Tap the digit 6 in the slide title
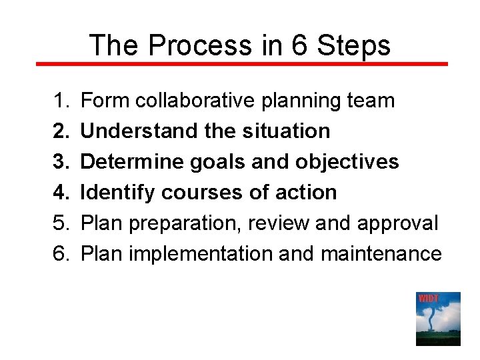(x=298, y=45)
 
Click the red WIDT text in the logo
(x=428, y=298)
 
